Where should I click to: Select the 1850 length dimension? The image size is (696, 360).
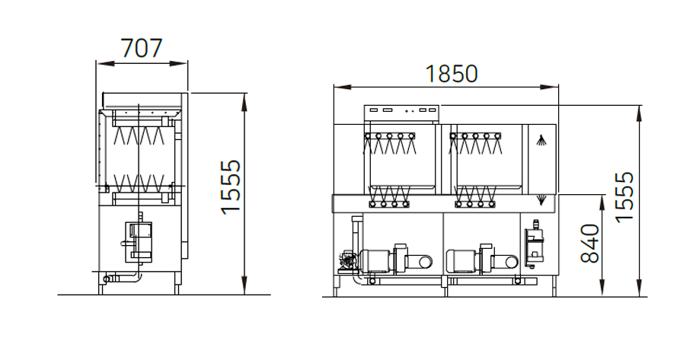click(x=452, y=74)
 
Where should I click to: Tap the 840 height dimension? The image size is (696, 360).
click(x=590, y=244)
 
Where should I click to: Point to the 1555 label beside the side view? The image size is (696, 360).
click(x=231, y=187)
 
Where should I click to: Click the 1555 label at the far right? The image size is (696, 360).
click(x=624, y=196)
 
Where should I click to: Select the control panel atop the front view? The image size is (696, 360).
click(x=401, y=114)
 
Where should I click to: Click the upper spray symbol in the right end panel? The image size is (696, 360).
click(x=541, y=141)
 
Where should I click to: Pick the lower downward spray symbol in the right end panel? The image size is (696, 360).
click(x=541, y=200)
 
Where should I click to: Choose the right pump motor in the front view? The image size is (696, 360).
click(x=461, y=260)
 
